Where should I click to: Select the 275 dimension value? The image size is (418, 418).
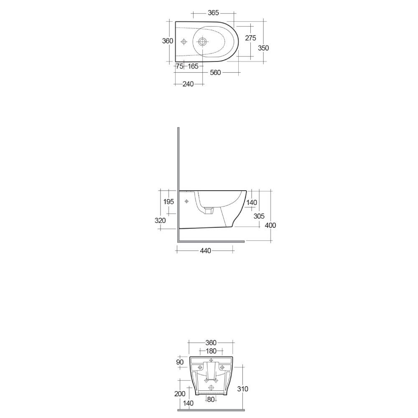pos(250,38)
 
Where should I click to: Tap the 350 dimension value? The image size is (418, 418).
pos(263,48)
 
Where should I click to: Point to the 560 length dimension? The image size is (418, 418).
pos(215,73)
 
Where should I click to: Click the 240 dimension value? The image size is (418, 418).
pos(188,84)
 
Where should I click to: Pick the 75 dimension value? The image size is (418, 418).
pos(180,66)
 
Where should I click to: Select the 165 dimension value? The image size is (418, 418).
pos(193,66)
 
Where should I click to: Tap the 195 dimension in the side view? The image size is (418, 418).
pos(168,201)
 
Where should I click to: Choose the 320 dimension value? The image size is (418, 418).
pos(160,220)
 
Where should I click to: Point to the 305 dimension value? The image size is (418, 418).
pos(259,216)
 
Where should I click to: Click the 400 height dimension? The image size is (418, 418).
pos(270,225)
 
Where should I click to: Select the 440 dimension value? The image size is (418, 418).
pos(205,251)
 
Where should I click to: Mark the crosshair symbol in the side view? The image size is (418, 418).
pos(186,201)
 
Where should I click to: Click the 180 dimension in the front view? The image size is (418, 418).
pos(211,351)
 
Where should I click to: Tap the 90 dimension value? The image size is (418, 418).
pos(180,362)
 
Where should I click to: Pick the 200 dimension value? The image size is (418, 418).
pos(180,394)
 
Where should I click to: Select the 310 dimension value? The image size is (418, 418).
pos(242,389)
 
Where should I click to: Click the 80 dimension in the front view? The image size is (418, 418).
pos(210,399)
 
